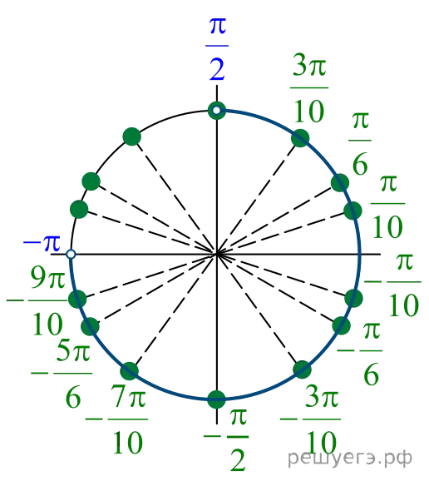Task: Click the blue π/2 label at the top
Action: [x=217, y=49]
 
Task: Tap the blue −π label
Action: [x=42, y=243]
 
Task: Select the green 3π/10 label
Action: [x=309, y=87]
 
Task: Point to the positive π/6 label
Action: [x=360, y=143]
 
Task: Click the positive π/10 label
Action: [x=387, y=206]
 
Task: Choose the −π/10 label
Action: [x=393, y=285]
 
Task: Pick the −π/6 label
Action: [x=360, y=354]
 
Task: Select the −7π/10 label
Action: [x=116, y=419]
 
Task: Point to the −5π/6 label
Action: [x=62, y=377]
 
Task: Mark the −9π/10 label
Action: [x=37, y=300]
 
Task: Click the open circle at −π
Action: [x=71, y=254]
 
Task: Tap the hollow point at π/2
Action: [x=217, y=110]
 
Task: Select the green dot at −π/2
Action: [x=217, y=399]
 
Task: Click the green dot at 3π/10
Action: [x=300, y=138]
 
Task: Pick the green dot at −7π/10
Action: [x=130, y=371]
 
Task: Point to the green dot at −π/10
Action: [x=354, y=298]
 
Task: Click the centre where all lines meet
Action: [x=217, y=254]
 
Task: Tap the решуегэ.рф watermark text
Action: [x=350, y=458]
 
